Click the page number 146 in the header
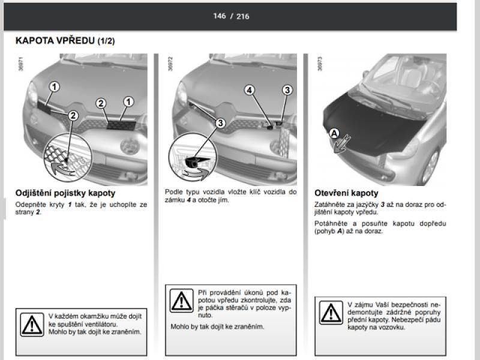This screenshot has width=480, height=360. tap(220, 16)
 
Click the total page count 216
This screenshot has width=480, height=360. tap(243, 16)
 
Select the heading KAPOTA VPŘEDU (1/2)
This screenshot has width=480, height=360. tap(65, 41)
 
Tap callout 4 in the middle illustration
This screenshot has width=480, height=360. tap(250, 90)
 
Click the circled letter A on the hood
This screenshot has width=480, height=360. tap(334, 133)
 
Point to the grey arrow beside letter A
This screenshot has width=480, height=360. tap(342, 144)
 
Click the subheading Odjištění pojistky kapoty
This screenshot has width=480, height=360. tap(65, 193)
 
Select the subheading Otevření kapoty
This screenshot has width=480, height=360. tap(346, 193)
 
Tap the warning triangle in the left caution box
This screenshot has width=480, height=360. tap(32, 325)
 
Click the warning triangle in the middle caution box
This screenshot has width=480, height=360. tap(182, 301)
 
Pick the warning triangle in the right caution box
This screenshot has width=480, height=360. tap(331, 313)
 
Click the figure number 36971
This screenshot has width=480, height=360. tap(21, 64)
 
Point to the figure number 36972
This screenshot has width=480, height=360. tap(170, 64)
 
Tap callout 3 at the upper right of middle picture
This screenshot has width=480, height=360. tap(287, 90)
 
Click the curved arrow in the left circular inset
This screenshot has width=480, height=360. tap(63, 169)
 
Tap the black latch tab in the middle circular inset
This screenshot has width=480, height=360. tap(197, 161)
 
